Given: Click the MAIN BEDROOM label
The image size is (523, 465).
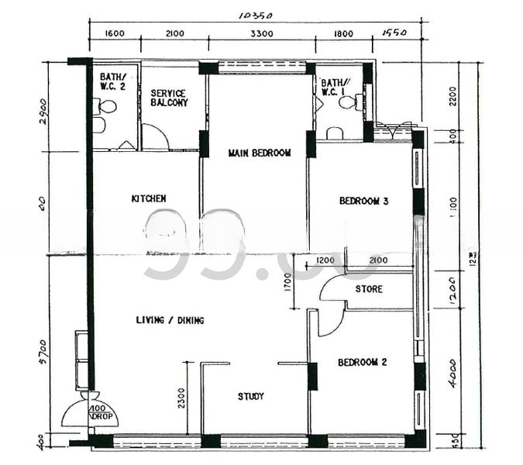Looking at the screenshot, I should (260, 153).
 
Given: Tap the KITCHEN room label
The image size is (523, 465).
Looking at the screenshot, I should (149, 199).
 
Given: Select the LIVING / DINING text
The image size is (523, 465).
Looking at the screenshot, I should (170, 320).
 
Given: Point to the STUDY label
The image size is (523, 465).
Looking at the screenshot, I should (250, 396).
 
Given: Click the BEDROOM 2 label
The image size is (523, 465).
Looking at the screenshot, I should (363, 362).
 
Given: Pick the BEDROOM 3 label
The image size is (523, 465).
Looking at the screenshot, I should (363, 201).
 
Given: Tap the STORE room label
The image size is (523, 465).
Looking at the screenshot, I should (369, 290).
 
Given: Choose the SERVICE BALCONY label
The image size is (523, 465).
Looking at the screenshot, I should (169, 98).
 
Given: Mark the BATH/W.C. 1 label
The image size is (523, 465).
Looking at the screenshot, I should (334, 87).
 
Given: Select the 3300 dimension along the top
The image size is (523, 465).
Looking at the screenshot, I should (261, 33).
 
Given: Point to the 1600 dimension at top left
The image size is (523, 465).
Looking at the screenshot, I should (113, 33).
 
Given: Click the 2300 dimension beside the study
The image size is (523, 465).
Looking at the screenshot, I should (181, 398).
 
